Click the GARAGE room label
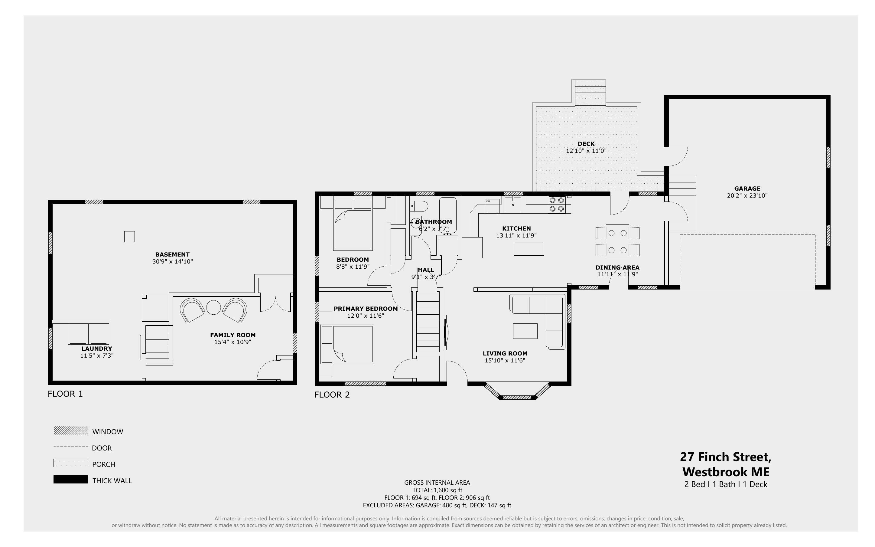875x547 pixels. tap(747, 188)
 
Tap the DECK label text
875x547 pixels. tap(586, 144)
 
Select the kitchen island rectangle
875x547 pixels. tap(529, 249)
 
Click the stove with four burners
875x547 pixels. tap(557, 205)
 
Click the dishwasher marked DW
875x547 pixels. tap(492, 206)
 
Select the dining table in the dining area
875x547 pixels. tap(617, 242)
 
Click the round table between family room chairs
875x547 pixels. tap(213, 307)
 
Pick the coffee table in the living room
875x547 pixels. tap(525, 331)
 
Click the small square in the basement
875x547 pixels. tap(129, 237)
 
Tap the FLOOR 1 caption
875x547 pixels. tap(65, 394)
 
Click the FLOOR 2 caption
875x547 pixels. tap(332, 395)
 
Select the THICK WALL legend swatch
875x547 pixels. tap(70, 479)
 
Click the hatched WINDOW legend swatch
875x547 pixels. tap(70, 430)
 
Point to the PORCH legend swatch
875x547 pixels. tap(70, 463)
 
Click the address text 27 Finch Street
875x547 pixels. tap(726, 457)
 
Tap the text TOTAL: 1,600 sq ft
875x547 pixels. tap(437, 490)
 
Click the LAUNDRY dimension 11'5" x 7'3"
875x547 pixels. tap(97, 355)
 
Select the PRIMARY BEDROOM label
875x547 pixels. tap(366, 309)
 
